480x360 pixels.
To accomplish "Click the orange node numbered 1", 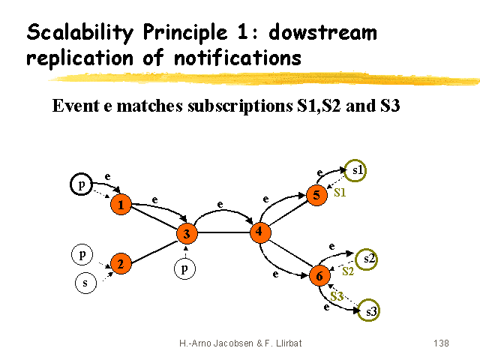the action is [121, 205].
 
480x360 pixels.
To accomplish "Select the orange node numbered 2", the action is [121, 263].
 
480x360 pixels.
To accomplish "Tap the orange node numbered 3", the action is [187, 233].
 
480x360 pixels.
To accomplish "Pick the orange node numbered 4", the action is [260, 232].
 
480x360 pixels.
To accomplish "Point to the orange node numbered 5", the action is [316, 195].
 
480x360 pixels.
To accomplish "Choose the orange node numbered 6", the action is [319, 275].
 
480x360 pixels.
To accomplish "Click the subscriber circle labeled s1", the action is [355, 170].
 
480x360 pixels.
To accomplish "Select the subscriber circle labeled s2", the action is [367, 259].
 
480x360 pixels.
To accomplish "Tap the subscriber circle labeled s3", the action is [368, 310].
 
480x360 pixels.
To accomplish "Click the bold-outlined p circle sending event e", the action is [82, 184].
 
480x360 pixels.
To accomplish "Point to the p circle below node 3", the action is [184, 269].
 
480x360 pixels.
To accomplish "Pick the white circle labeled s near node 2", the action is [85, 283].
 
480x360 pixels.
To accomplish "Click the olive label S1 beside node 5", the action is [340, 193].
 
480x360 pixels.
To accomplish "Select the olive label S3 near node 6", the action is [337, 296].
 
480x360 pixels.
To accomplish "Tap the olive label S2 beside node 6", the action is [348, 271].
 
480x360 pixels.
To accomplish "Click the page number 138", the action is [441, 343].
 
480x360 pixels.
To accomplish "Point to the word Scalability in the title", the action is [80, 33].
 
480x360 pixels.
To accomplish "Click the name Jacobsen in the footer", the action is [233, 343].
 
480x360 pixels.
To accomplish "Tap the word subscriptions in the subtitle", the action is [240, 106].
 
